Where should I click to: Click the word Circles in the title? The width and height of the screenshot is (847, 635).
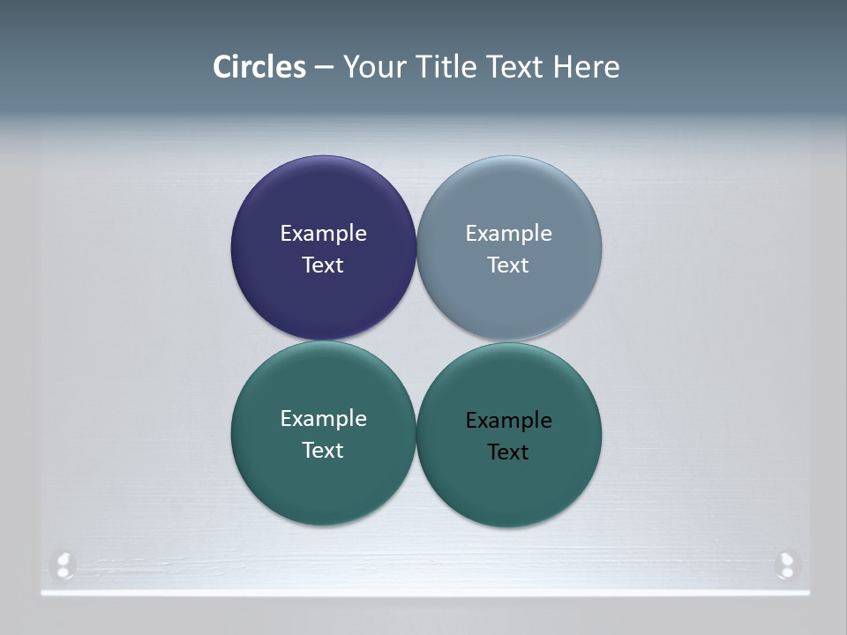point(259,67)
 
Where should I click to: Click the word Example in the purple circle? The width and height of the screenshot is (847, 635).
point(323,234)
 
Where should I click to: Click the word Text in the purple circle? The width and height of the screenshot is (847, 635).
point(323,265)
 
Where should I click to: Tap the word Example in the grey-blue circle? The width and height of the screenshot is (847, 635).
point(509,234)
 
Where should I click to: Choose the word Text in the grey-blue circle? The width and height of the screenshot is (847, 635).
point(509,265)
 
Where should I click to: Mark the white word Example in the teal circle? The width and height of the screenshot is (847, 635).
point(323,419)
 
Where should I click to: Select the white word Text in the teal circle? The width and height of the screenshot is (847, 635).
point(323,451)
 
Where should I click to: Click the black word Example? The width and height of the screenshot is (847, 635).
point(509,421)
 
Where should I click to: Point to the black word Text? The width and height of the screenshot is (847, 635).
point(509,452)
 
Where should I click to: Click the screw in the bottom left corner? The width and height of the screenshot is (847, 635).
point(63,564)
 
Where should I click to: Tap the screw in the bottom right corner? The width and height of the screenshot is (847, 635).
point(785,564)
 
